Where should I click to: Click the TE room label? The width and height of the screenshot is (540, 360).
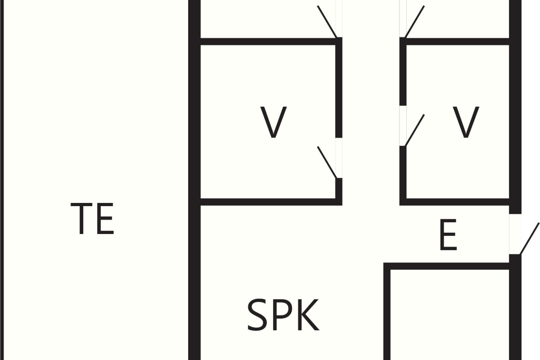pos(92,218)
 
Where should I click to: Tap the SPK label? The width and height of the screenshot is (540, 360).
pos(283,315)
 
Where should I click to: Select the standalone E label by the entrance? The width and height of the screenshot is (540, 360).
pos(448,234)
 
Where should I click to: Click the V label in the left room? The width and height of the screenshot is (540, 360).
pos(274,122)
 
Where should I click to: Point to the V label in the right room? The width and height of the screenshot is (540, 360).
pos(466,122)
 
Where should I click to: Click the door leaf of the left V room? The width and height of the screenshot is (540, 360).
pos(327,162)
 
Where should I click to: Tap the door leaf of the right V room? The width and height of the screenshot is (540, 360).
pos(415,130)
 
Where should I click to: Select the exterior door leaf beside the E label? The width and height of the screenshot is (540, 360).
pos(530,238)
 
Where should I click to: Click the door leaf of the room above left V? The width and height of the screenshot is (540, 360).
pos(327,22)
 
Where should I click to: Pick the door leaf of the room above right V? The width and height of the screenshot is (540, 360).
pos(415,22)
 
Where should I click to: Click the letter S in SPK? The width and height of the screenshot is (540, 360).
pos(257,315)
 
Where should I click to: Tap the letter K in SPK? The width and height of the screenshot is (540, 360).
pos(309,315)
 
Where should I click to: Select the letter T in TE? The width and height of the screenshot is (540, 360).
pos(81,218)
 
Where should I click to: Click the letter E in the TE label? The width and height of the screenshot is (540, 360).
pos(105,218)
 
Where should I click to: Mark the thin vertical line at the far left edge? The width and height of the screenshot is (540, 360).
pos(2,180)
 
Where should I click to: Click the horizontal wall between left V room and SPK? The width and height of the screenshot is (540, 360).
pos(271,202)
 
